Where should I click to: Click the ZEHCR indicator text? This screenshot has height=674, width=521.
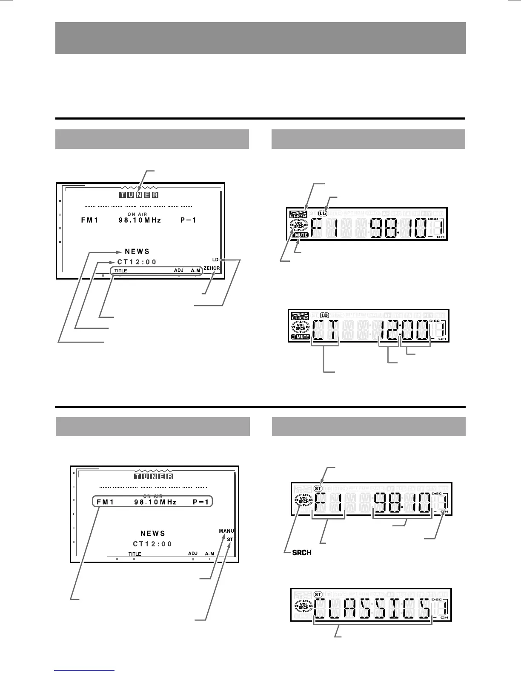coord(212,268)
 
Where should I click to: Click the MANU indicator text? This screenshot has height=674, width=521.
coord(226,531)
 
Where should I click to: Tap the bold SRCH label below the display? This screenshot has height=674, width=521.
coord(302,553)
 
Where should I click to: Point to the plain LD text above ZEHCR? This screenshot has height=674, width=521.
coord(215,259)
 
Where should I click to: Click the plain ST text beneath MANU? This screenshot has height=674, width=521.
coord(230,540)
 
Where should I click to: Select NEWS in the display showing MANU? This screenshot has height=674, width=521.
coord(153,533)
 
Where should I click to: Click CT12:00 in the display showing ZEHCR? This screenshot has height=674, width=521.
coord(137,262)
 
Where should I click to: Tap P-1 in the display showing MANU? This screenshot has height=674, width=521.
coord(201,502)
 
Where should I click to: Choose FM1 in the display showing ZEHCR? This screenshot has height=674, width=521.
coord(90,220)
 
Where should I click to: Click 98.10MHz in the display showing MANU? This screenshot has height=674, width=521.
coord(155,502)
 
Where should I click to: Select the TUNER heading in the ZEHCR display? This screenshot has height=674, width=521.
coord(139,195)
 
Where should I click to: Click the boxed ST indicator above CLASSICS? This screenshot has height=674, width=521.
coord(318,594)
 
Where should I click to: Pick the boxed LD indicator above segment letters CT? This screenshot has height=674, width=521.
coord(325,315)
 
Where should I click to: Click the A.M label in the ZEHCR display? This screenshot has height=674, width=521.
coord(195,271)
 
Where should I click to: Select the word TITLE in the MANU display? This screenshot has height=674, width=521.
coord(135,554)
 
